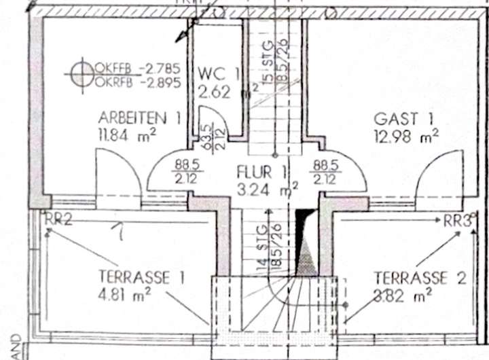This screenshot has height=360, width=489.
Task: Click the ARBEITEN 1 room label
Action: point(139,117)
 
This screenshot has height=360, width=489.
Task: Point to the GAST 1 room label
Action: point(403,119)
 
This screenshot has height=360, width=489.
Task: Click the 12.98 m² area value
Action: point(405,137)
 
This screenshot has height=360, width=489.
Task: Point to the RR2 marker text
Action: point(59,219)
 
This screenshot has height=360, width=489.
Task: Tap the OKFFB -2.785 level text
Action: point(138,68)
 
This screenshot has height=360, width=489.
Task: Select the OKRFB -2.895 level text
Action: point(138,82)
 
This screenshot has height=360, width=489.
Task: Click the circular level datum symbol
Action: point(81,73)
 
